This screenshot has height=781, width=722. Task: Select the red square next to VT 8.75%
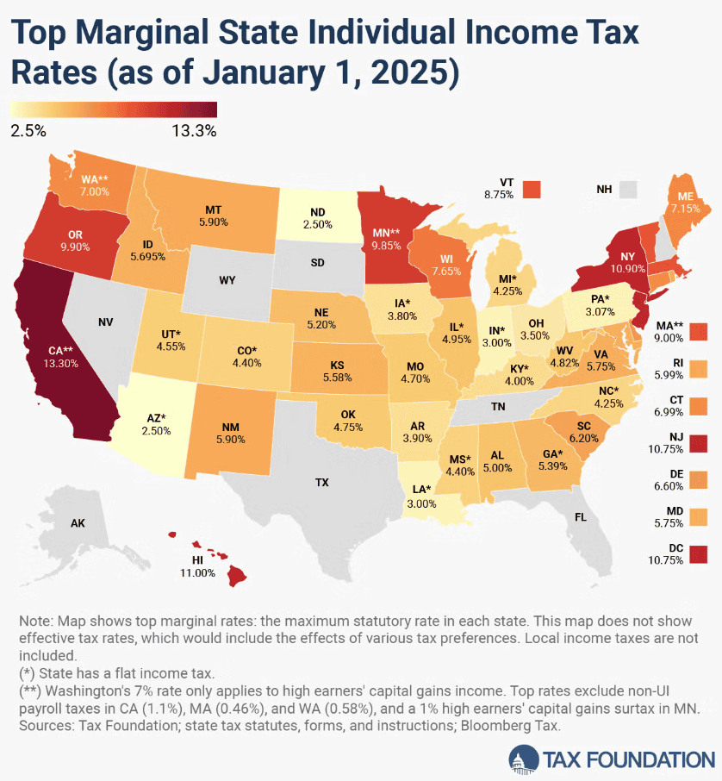[x=533, y=189]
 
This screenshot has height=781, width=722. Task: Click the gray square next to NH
[x=630, y=189]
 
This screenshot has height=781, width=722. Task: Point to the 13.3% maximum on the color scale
[x=194, y=131]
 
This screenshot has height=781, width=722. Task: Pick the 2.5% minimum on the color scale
[x=28, y=131]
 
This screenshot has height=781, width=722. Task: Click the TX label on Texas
[x=321, y=483]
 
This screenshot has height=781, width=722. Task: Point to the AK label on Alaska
[x=78, y=522]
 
